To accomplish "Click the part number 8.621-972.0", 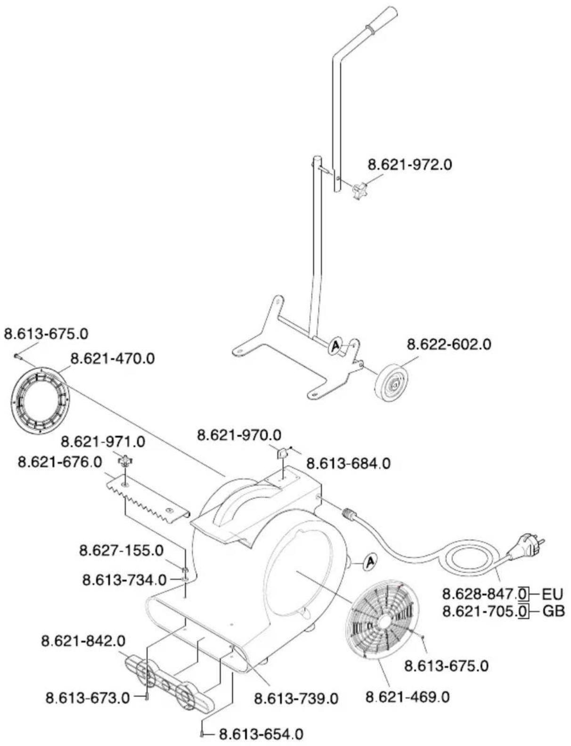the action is [x=410, y=165].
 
